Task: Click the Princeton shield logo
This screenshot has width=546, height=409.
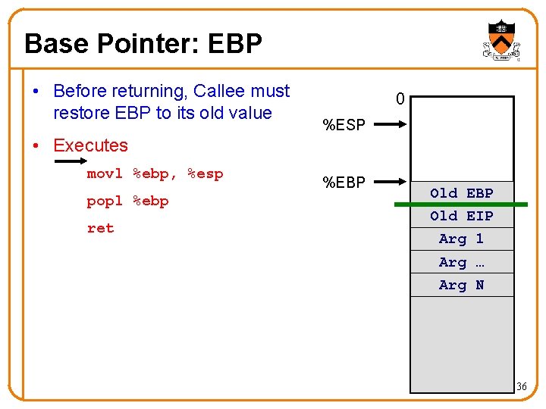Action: click(x=501, y=41)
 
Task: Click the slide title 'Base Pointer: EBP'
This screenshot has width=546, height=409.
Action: click(x=143, y=43)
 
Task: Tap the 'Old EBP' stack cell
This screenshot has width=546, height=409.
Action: click(x=462, y=193)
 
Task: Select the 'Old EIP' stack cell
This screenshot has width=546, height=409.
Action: click(x=462, y=216)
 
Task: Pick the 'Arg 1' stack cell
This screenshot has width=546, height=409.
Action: click(x=462, y=239)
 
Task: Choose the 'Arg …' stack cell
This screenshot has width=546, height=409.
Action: click(x=462, y=262)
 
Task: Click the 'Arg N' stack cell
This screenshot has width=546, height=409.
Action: click(x=462, y=285)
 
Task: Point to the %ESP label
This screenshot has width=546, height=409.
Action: click(x=344, y=125)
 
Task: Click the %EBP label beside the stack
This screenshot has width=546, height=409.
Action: click(x=344, y=182)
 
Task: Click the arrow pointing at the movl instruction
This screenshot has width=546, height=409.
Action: click(x=71, y=161)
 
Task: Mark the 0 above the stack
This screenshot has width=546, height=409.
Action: click(x=400, y=99)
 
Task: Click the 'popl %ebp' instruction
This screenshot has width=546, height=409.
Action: click(x=127, y=201)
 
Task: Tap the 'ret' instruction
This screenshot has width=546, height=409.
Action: click(x=100, y=228)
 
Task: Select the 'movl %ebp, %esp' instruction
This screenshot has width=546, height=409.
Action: click(x=155, y=173)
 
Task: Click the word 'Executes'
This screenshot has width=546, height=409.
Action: click(x=90, y=145)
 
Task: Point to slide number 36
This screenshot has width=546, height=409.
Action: click(x=521, y=387)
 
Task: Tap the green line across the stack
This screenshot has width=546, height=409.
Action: click(x=460, y=204)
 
